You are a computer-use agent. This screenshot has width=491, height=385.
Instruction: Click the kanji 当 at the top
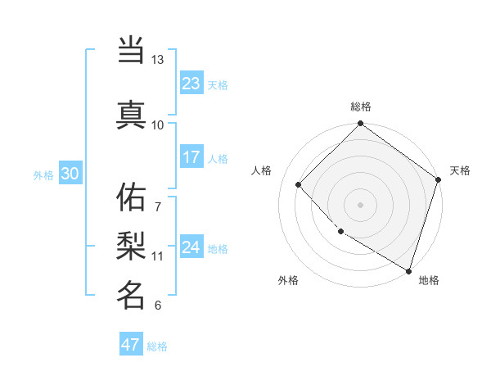pyautogui.click(x=131, y=51)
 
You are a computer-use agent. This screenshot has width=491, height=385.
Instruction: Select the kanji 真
pyautogui.click(x=131, y=114)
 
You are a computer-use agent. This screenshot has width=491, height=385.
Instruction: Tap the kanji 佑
pyautogui.click(x=131, y=197)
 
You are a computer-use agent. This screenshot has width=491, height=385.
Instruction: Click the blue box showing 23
pyautogui.click(x=191, y=84)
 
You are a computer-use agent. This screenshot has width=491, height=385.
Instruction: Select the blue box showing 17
pyautogui.click(x=191, y=157)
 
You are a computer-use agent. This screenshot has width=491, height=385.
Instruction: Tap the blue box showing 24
pyautogui.click(x=191, y=247)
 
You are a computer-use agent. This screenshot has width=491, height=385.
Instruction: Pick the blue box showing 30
pyautogui.click(x=70, y=174)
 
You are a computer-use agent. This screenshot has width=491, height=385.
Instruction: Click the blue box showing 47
pyautogui.click(x=131, y=345)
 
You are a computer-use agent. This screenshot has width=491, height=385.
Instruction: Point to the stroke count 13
pyautogui.click(x=157, y=60)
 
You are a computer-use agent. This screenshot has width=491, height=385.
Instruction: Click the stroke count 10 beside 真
pyautogui.click(x=157, y=125)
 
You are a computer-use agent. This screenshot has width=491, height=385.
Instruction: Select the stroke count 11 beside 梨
pyautogui.click(x=157, y=256)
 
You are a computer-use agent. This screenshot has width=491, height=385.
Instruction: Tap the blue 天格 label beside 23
pyautogui.click(x=218, y=84)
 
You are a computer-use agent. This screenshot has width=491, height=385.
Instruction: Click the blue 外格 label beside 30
pyautogui.click(x=43, y=174)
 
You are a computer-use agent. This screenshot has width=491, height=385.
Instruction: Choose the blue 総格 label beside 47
pyautogui.click(x=157, y=346)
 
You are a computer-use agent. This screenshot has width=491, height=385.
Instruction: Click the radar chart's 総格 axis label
pyautogui.click(x=360, y=106)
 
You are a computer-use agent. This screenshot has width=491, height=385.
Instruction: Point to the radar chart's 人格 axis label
pyautogui.click(x=262, y=170)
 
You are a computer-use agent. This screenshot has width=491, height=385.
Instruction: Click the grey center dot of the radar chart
pyautogui.click(x=360, y=204)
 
